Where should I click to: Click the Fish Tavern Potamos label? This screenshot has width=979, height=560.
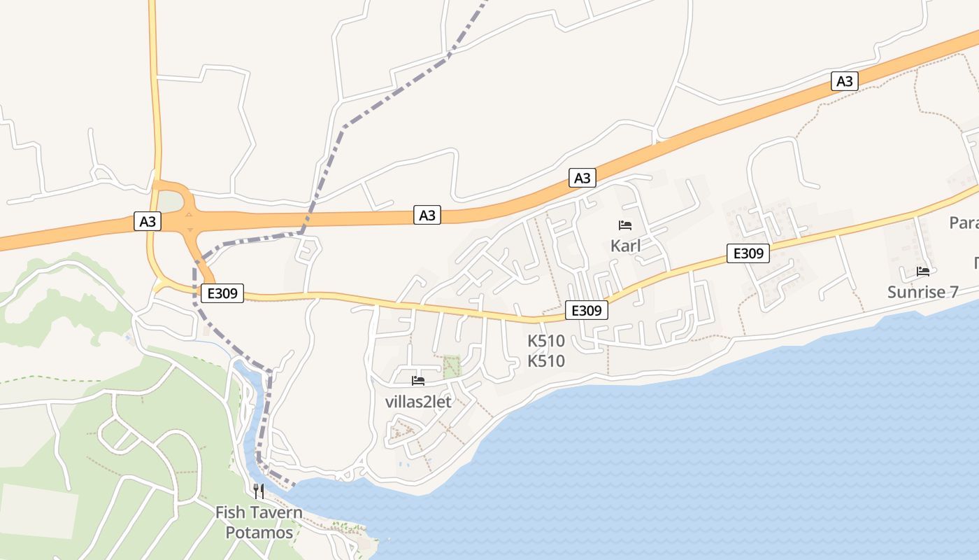[x=259, y=522]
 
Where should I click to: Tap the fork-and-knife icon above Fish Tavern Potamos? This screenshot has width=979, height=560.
[x=259, y=491]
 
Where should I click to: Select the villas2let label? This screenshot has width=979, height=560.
[x=418, y=402]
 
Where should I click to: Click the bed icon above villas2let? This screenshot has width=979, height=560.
[x=418, y=381]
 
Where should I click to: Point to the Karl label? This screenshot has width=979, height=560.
[x=625, y=246]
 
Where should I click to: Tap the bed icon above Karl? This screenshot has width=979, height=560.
[x=625, y=225]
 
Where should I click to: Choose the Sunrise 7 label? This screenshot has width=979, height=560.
[x=922, y=292]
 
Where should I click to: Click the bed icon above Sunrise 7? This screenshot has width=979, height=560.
[x=923, y=271]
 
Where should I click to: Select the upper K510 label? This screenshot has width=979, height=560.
[x=546, y=342]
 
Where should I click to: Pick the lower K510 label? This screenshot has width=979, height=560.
[x=546, y=361]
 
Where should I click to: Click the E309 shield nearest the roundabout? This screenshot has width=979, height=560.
[x=222, y=293]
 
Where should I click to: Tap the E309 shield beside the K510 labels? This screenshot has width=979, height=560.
[x=586, y=310]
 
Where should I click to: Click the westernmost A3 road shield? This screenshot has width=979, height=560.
[x=148, y=222]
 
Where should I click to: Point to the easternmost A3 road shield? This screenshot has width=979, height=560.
[x=845, y=81]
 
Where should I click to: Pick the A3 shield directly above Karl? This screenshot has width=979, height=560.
[x=583, y=178]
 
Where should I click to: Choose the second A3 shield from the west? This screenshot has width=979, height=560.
[x=427, y=216]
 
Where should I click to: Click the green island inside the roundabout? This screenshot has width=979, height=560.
[x=171, y=202]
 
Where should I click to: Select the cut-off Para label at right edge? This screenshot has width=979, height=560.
[x=964, y=223]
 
